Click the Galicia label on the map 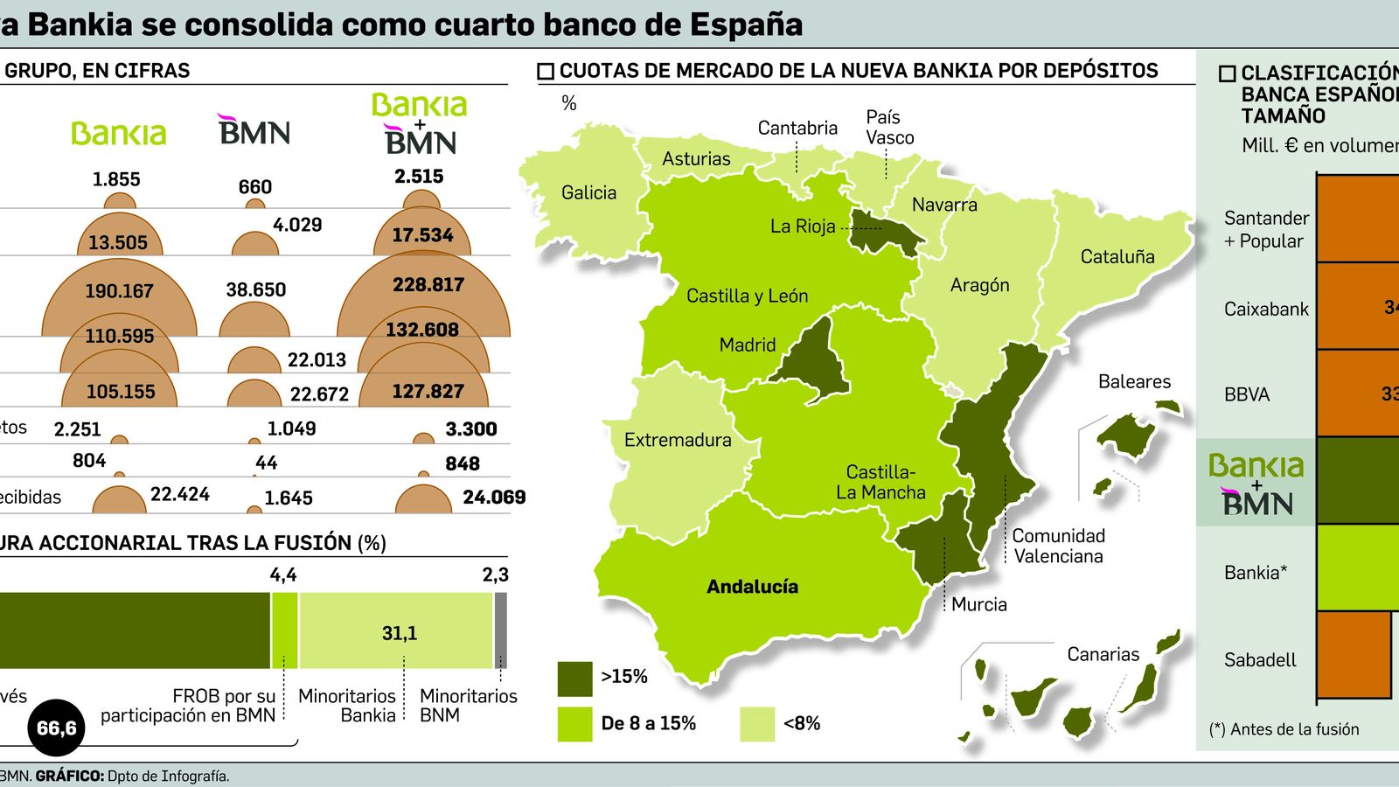(x=588, y=192)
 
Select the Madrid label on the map (x=747, y=345)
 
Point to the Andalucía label (x=752, y=587)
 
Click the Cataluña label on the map (x=1117, y=256)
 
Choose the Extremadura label (x=678, y=440)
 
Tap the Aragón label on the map (x=979, y=285)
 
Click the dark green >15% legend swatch (x=574, y=678)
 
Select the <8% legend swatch (x=756, y=724)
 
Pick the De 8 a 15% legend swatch (x=574, y=724)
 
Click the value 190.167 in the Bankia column (x=119, y=291)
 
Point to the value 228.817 (x=428, y=285)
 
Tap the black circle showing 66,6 (x=57, y=728)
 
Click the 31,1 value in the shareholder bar (x=399, y=633)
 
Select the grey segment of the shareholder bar (x=500, y=630)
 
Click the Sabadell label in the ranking (x=1260, y=660)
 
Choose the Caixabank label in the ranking (x=1266, y=309)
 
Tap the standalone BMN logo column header (x=254, y=130)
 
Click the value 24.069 (x=494, y=498)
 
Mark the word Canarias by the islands (x=1103, y=654)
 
